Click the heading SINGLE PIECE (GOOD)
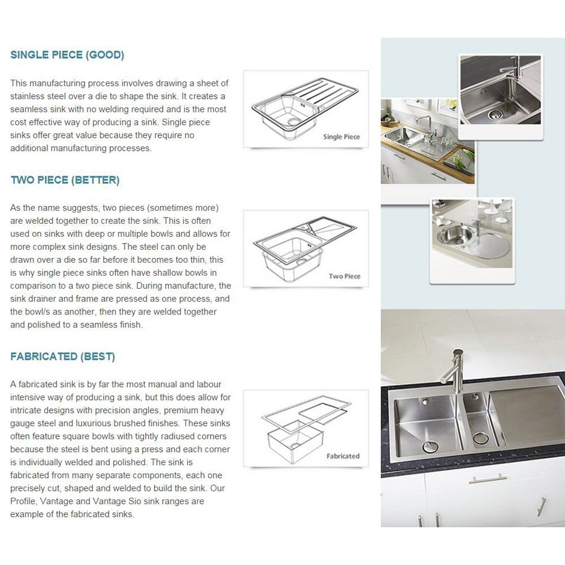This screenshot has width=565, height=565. pyautogui.click(x=67, y=55)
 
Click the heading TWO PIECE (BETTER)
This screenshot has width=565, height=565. pyautogui.click(x=65, y=180)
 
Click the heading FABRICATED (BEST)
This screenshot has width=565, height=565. pyautogui.click(x=63, y=357)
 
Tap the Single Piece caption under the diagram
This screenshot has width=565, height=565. pyautogui.click(x=341, y=137)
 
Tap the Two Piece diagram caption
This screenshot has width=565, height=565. pyautogui.click(x=344, y=276)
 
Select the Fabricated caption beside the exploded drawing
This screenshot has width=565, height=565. pyautogui.click(x=342, y=456)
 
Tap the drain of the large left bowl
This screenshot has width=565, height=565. pyautogui.click(x=431, y=446)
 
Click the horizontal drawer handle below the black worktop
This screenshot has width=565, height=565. pyautogui.click(x=487, y=480)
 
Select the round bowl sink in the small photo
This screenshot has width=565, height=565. pyautogui.click(x=452, y=234)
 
